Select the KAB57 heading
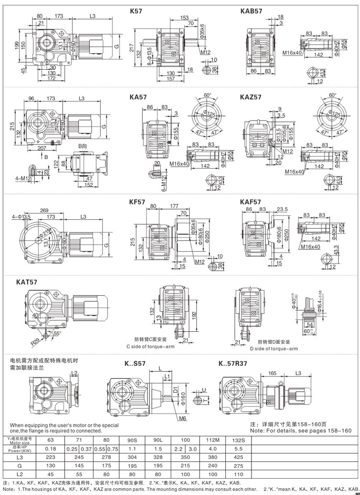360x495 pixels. (251, 12)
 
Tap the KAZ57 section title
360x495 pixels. (251, 97)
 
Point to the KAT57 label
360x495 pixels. (27, 282)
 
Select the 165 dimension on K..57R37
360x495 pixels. (272, 373)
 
